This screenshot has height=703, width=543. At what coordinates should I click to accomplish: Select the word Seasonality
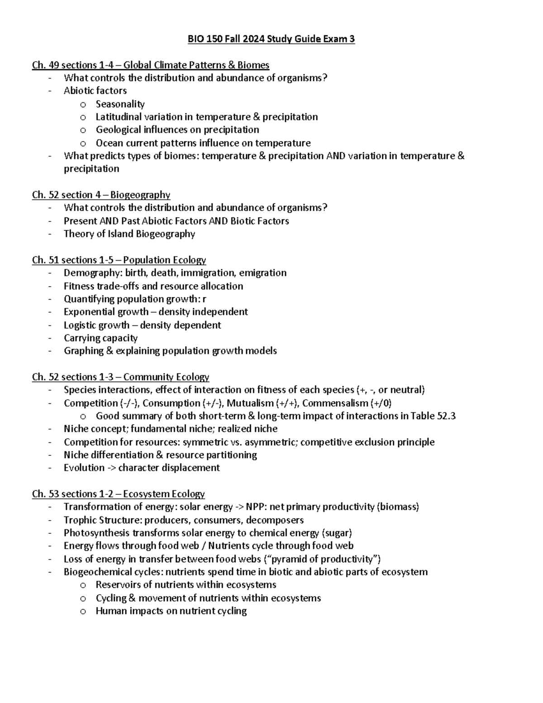tap(120, 104)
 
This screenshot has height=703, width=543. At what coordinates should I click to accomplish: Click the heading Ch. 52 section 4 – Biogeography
tap(101, 195)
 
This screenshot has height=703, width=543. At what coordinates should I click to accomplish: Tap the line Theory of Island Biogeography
tap(129, 234)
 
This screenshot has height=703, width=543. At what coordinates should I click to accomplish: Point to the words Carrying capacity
tap(100, 338)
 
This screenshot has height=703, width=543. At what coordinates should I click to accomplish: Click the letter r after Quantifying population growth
tap(205, 299)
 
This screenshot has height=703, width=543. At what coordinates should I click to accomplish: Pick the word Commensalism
tap(335, 403)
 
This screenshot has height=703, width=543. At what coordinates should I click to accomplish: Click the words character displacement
tap(169, 468)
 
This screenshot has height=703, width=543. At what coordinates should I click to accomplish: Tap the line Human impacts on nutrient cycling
tap(171, 611)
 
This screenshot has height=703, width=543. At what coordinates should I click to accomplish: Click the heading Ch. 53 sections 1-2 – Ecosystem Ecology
tap(118, 494)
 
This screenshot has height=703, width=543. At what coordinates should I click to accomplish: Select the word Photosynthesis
tap(96, 533)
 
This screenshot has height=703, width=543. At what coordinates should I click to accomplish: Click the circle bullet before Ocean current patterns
tap(83, 144)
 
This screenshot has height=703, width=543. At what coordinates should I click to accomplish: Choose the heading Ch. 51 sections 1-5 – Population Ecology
tap(119, 260)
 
